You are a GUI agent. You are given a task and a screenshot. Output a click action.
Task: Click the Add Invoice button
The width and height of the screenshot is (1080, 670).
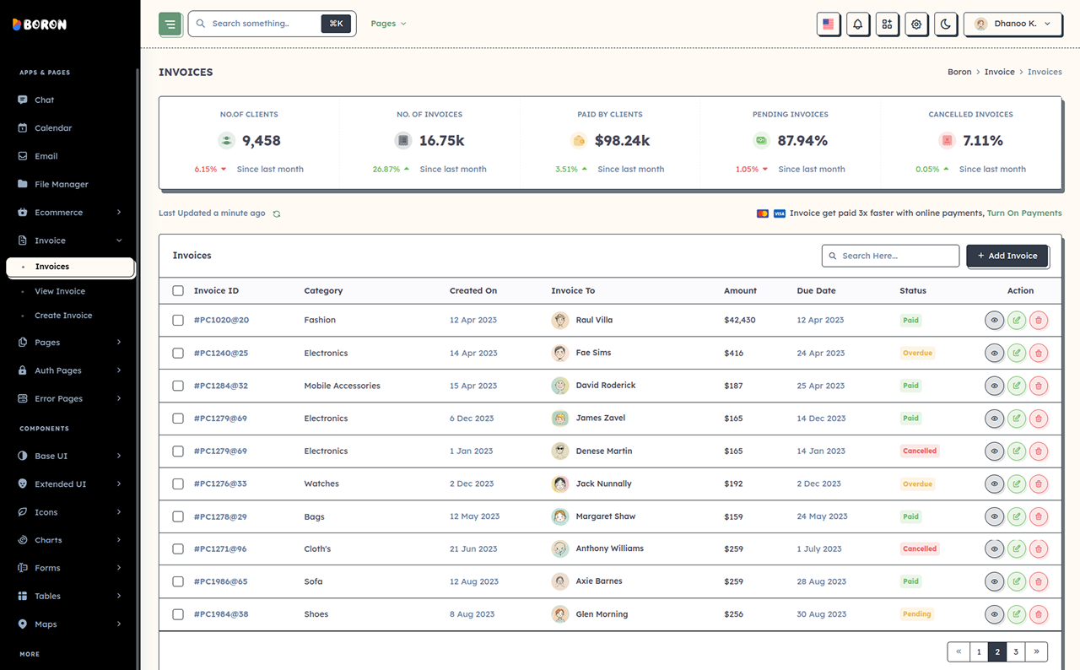1007,256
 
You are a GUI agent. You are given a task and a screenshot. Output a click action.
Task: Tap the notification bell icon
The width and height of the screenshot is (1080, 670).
858,24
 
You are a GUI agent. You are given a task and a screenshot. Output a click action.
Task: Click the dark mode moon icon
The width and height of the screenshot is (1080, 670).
946,24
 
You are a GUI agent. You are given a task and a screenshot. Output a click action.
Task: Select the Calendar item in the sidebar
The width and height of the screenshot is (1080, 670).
53,127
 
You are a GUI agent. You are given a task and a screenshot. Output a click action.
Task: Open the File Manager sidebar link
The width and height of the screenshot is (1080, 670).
62,184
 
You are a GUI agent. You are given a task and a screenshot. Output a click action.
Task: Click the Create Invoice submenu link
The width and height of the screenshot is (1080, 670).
63,316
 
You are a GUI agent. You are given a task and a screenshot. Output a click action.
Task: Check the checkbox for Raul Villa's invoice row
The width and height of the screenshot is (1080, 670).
178,320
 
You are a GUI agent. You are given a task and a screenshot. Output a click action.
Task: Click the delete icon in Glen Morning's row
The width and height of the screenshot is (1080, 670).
1039,614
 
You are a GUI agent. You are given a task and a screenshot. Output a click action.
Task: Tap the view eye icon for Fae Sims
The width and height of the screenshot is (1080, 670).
994,353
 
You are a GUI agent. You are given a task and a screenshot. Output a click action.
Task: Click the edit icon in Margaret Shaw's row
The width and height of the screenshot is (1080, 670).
1017,516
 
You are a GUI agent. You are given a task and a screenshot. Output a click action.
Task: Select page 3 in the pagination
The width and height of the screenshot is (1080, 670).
1015,651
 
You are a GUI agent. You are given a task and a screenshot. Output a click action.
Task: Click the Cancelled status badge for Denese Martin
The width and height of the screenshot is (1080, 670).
920,451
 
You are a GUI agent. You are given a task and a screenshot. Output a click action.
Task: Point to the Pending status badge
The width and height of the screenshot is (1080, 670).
916,614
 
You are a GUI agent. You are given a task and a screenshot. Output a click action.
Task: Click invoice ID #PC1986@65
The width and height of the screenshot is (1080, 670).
220,581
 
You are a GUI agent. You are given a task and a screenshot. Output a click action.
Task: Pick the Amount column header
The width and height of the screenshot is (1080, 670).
740,290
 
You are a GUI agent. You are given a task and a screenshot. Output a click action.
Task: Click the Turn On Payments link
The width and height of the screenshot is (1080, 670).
1024,213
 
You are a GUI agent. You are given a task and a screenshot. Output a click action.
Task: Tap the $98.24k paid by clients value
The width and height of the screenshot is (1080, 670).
622,140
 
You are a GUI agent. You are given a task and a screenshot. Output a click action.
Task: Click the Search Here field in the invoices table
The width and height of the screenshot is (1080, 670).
890,256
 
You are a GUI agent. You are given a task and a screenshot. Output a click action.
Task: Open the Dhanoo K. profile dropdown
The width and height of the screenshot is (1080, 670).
1012,24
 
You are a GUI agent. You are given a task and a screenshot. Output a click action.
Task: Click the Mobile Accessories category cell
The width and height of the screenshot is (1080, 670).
342,386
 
